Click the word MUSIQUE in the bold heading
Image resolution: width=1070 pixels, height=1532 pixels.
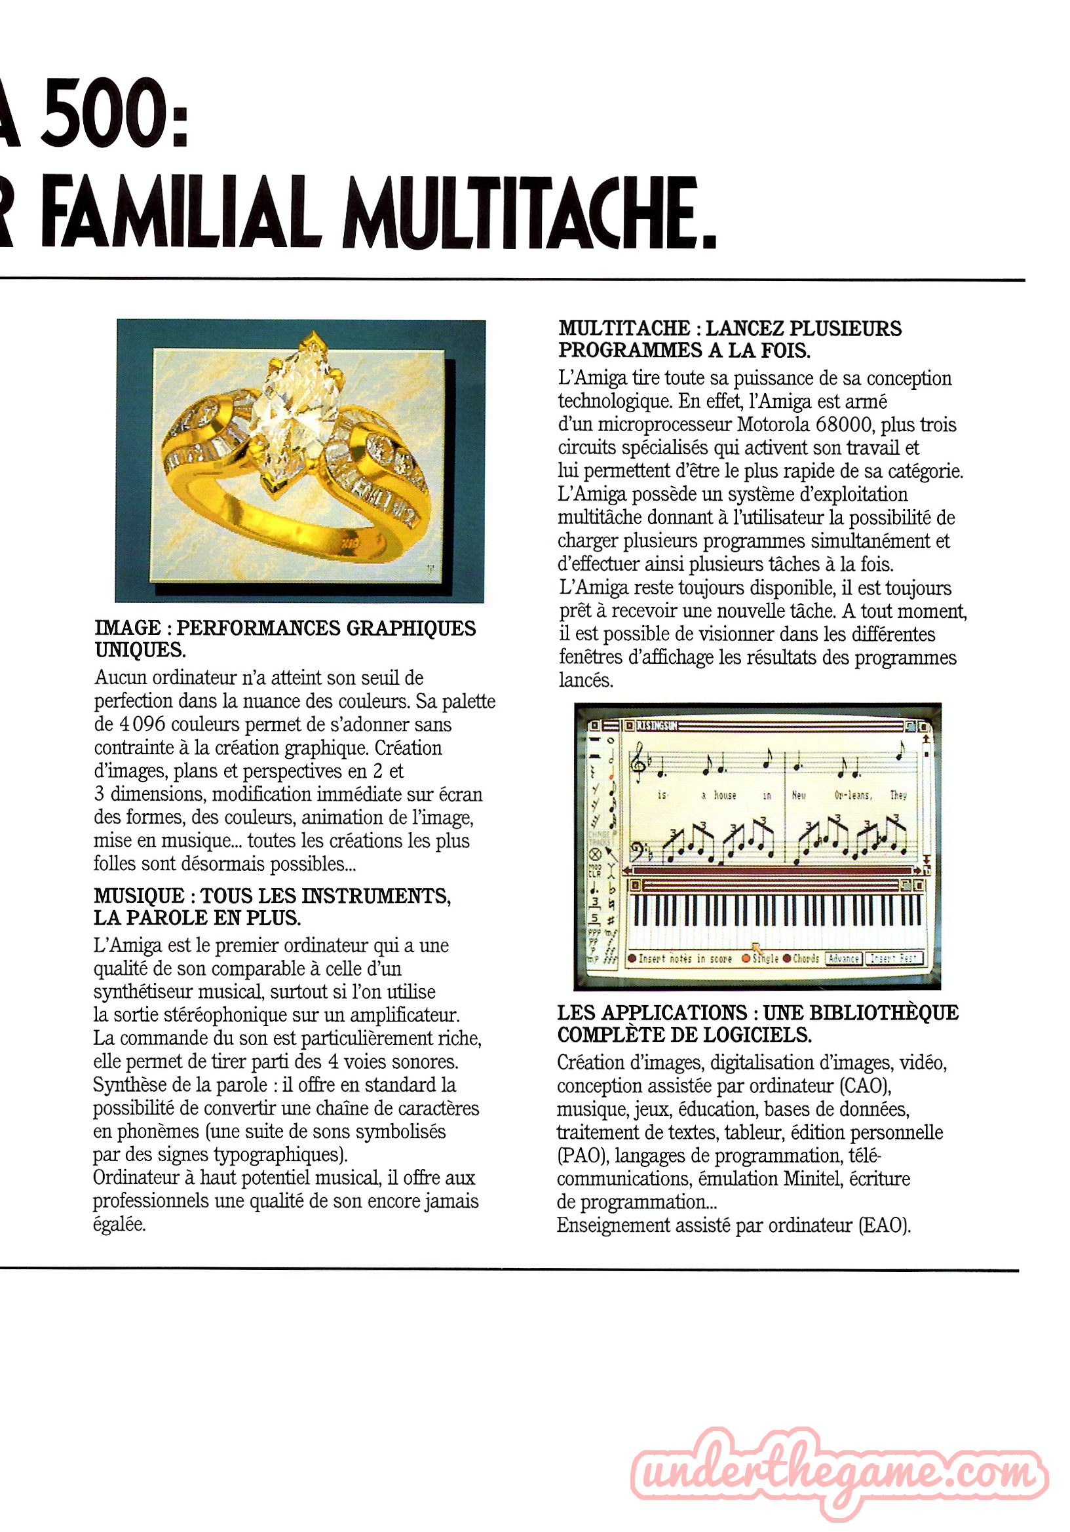[138, 896]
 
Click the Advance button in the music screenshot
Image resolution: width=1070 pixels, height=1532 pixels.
[843, 958]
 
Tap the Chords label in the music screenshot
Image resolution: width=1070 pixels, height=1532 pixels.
[805, 958]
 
